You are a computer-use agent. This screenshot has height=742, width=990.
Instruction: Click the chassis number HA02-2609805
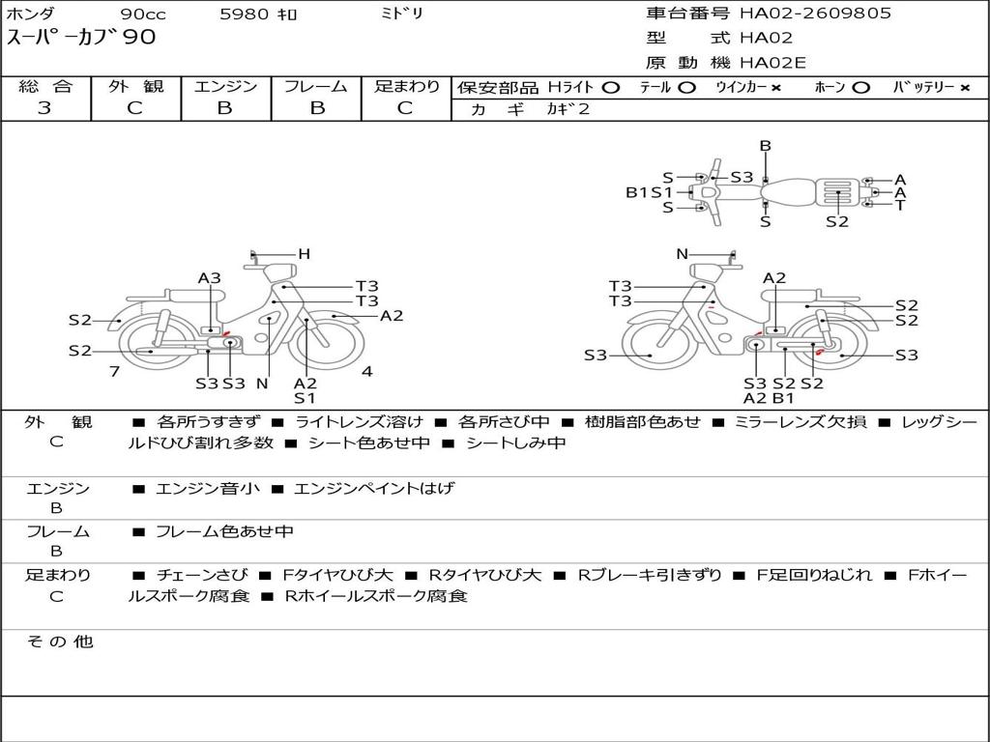pos(815,13)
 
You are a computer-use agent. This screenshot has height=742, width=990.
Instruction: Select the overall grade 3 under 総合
pos(44,108)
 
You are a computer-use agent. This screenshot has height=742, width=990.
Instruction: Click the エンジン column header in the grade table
pos(225,86)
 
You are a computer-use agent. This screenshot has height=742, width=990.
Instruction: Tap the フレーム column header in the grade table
pos(316,86)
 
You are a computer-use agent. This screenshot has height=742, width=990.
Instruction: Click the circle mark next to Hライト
pos(611,88)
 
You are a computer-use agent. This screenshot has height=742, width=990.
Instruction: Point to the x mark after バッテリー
pos(965,88)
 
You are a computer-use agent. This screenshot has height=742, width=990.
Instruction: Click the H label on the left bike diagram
pos(305,254)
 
